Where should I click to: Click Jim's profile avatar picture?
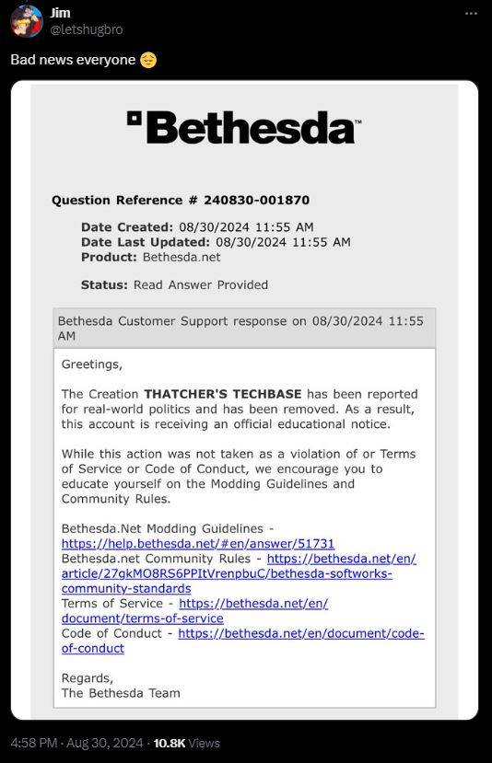[26, 20]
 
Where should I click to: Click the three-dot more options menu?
[471, 14]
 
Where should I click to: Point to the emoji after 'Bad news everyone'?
[148, 60]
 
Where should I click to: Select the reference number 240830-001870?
[256, 200]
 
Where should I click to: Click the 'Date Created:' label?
[126, 226]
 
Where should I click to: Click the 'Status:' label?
[105, 284]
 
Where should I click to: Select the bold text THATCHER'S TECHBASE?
[222, 394]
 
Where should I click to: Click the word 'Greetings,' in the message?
[91, 364]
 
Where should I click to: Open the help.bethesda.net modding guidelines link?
[198, 544]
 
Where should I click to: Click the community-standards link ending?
[126, 588]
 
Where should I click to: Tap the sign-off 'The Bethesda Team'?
[121, 692]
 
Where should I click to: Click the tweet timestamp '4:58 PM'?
[35, 743]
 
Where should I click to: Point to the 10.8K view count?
[170, 743]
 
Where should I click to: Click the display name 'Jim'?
[60, 12]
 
